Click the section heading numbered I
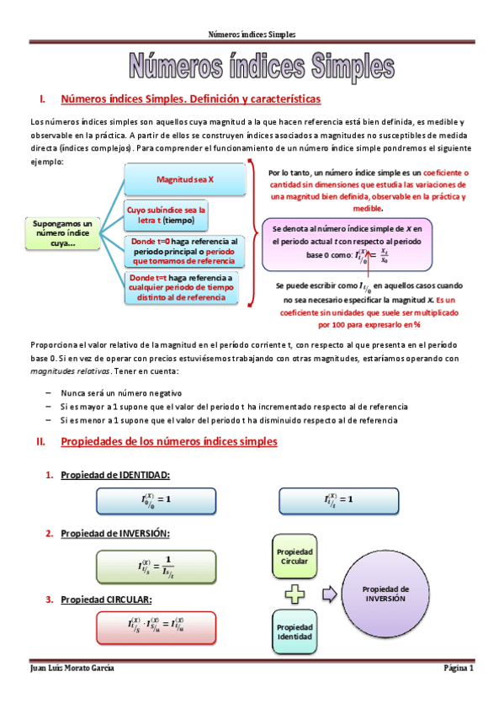click(x=190, y=99)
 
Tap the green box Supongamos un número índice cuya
click(x=61, y=233)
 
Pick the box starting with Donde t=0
click(x=183, y=251)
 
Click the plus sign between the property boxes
click(x=294, y=594)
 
